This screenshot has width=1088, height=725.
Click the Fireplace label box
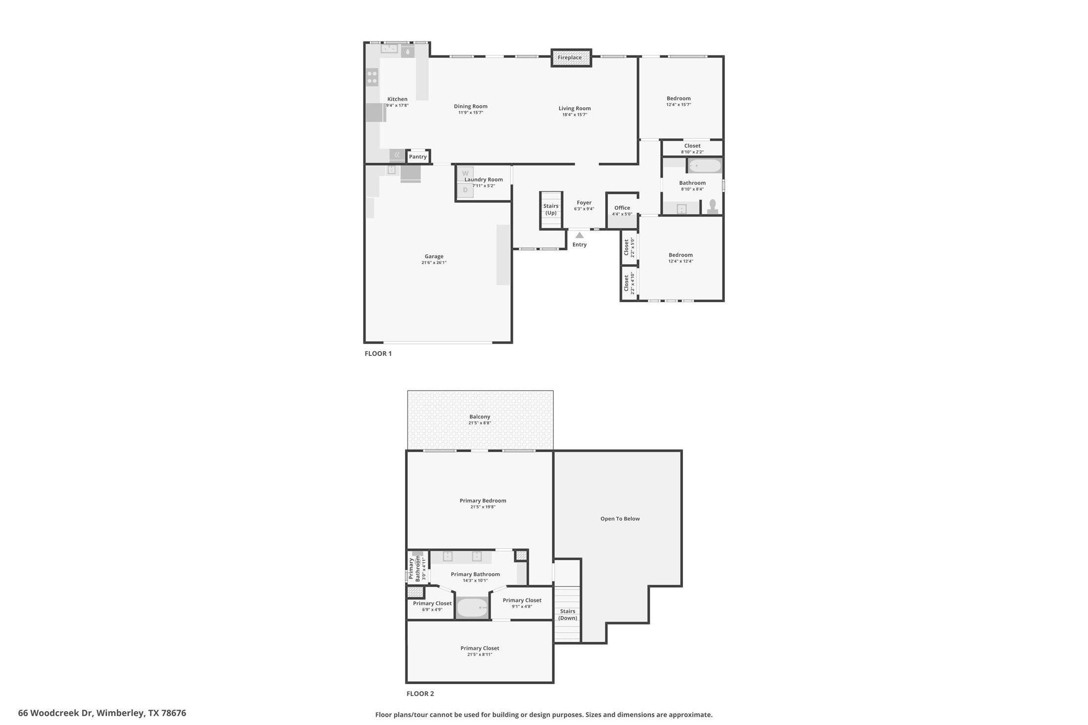(x=571, y=58)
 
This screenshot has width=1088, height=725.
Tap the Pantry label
(x=418, y=157)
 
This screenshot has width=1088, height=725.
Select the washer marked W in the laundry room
(x=465, y=174)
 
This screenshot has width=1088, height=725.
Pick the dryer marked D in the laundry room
(x=465, y=190)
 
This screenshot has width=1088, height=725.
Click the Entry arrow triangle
(x=580, y=235)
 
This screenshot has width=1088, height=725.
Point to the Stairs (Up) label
(x=551, y=209)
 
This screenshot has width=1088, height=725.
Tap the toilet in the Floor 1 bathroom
(x=713, y=207)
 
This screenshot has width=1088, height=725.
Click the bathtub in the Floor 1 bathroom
(x=705, y=166)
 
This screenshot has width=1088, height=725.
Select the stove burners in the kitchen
(x=372, y=78)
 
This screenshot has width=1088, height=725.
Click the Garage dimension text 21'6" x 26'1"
(x=434, y=263)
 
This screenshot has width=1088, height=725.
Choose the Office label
(x=622, y=208)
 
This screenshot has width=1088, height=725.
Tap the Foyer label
(x=584, y=203)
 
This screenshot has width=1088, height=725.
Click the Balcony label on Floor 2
(x=480, y=417)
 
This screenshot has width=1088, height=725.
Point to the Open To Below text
(x=620, y=519)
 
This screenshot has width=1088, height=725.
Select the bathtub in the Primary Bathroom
(x=472, y=608)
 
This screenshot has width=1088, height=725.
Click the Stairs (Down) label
(x=568, y=615)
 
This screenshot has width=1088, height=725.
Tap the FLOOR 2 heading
(x=420, y=694)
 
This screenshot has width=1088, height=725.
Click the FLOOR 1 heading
(x=378, y=354)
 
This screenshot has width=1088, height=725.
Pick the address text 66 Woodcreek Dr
(x=55, y=713)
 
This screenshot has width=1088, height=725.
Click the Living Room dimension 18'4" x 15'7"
(x=575, y=115)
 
